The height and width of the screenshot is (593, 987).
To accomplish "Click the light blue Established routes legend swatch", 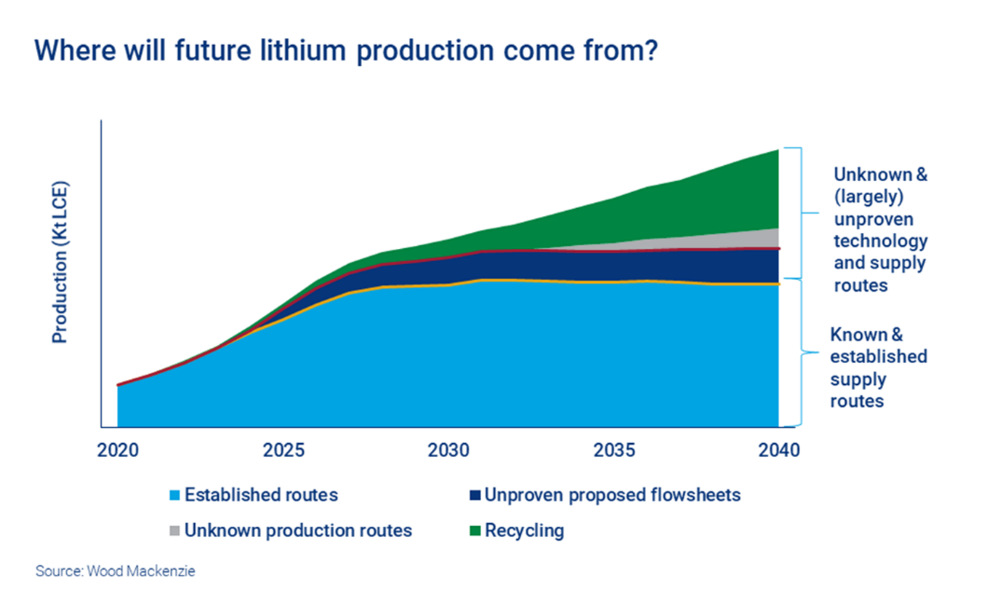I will coord(172,495).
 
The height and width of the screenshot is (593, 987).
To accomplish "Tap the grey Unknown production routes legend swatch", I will coord(172,531).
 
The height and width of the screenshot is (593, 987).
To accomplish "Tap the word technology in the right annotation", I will coord(880,241).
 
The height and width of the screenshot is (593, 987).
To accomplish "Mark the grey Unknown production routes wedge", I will coord(755,239).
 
